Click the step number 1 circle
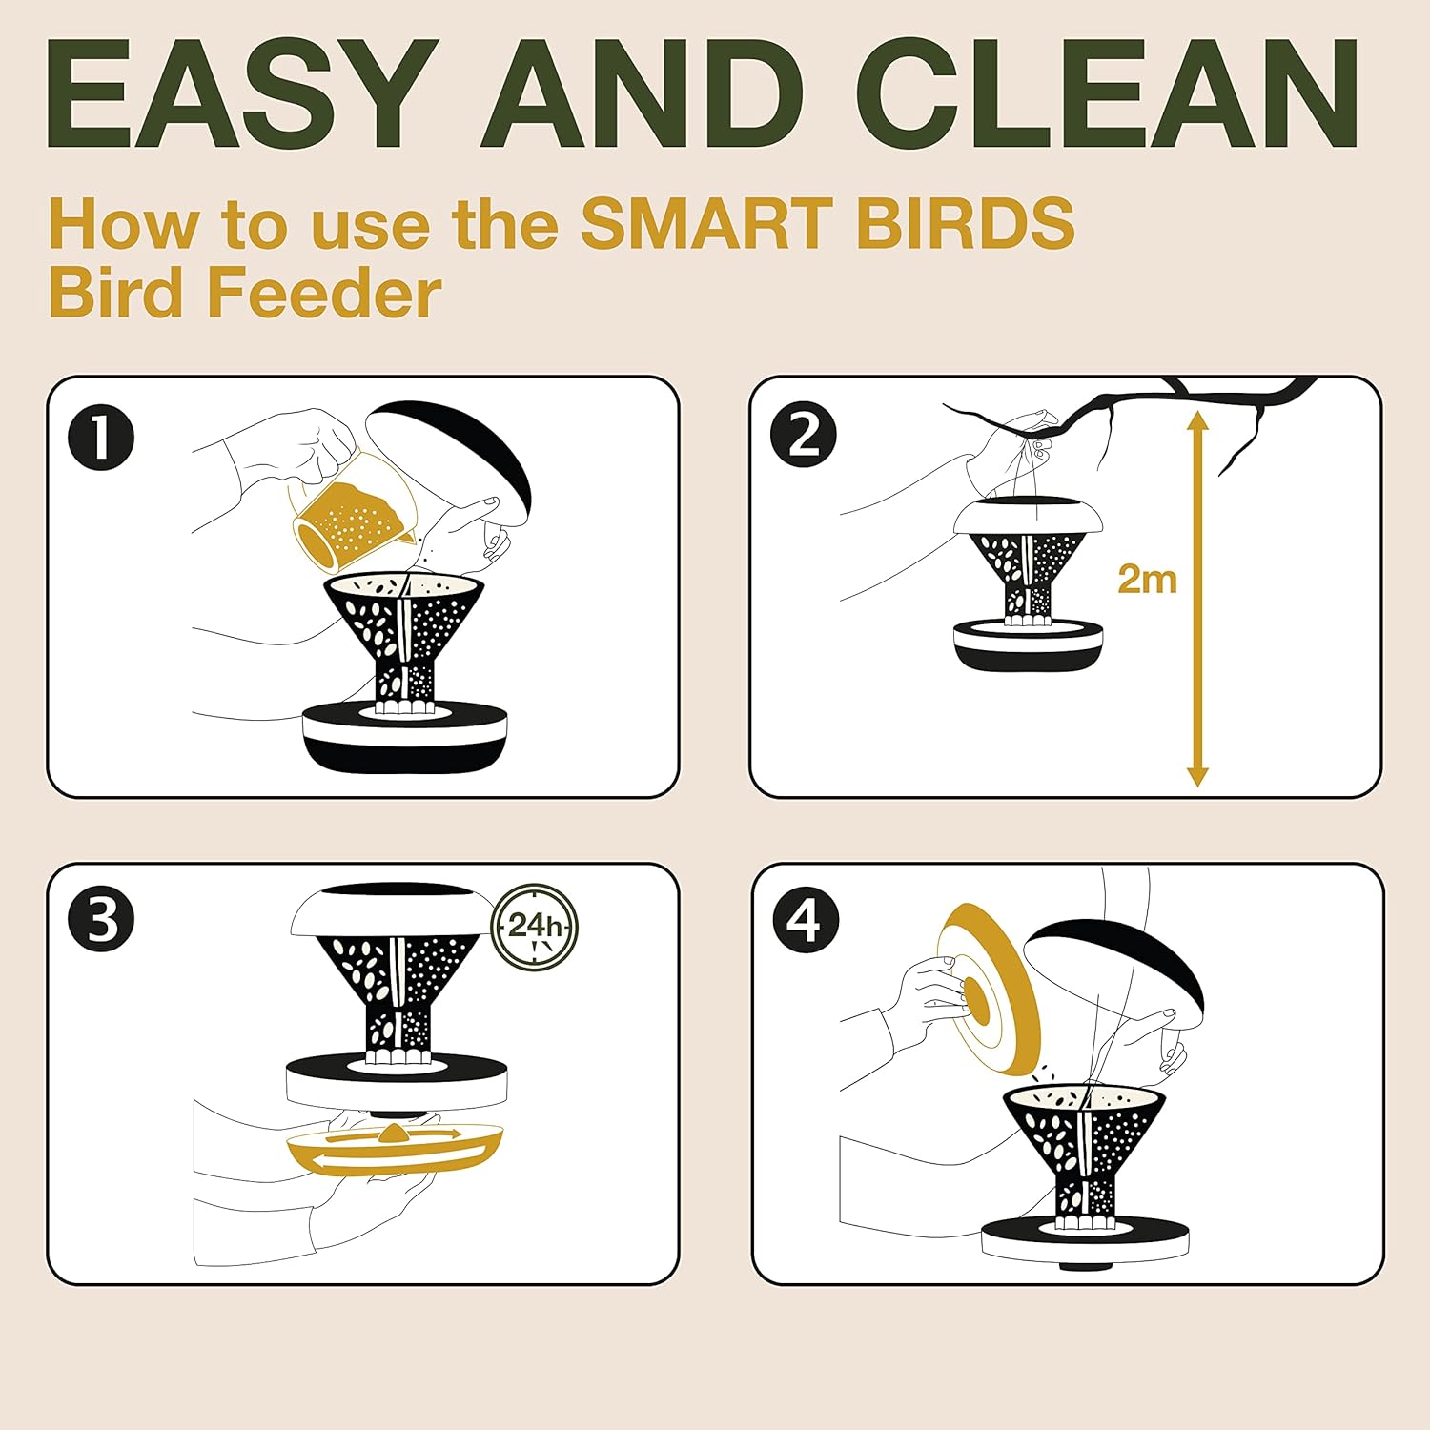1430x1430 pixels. [101, 439]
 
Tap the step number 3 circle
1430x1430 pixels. [101, 922]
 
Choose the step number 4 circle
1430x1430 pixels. [805, 922]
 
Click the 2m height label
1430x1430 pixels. [1147, 579]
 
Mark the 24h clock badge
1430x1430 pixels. [535, 925]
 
